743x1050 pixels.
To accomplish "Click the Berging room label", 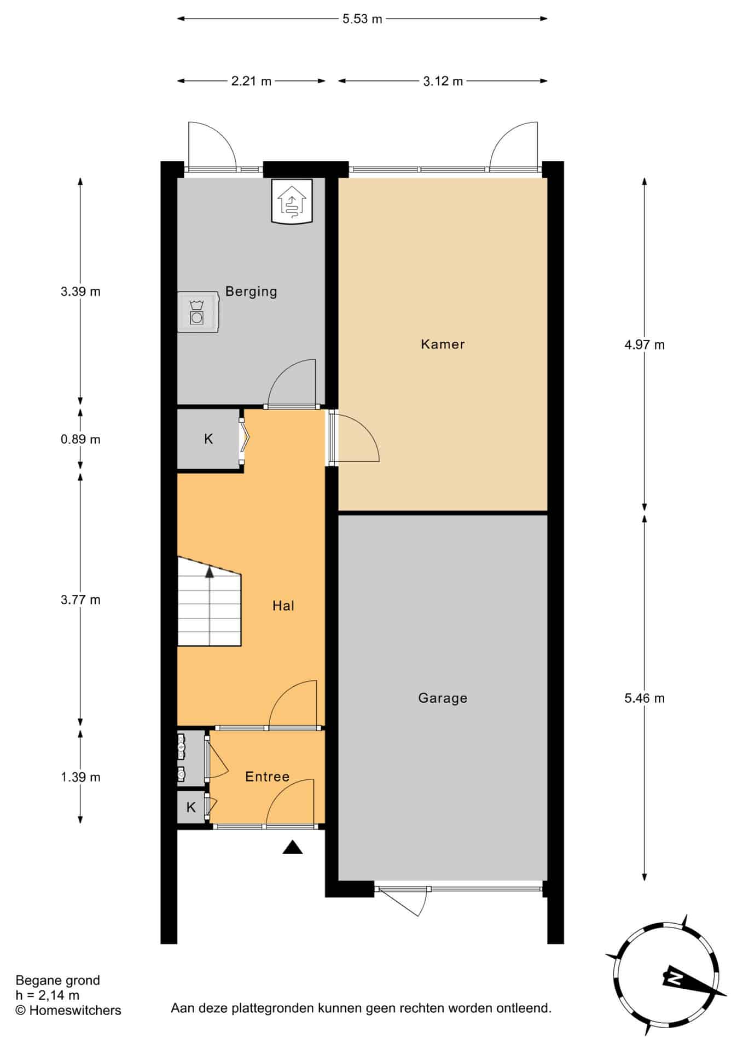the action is point(251,291).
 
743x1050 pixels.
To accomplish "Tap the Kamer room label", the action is point(443,344).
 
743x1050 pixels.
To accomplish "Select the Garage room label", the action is point(443,698).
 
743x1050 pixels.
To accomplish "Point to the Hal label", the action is point(283,605).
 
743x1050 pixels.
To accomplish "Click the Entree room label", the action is point(267,777).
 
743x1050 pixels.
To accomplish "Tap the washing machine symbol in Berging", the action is point(198,312).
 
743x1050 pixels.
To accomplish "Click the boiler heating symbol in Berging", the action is point(292,201).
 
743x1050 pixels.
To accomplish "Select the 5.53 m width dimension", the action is point(362,19).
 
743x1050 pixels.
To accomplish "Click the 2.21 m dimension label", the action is point(251,81).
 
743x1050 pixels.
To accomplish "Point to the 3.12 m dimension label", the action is point(443,81).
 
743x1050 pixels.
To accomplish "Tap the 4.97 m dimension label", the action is point(645,345).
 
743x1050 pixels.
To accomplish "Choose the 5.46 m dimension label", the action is point(645,698).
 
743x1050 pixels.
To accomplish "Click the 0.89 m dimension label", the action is point(80,439).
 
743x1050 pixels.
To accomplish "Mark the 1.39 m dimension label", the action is point(80,777).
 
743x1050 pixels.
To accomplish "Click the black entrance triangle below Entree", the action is point(293,847).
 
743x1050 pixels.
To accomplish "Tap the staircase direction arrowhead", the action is point(210,573).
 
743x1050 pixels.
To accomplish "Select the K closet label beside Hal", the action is point(208,439).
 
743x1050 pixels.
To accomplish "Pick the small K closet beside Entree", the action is point(191,807).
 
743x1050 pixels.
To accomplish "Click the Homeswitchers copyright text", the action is point(68,1010).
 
